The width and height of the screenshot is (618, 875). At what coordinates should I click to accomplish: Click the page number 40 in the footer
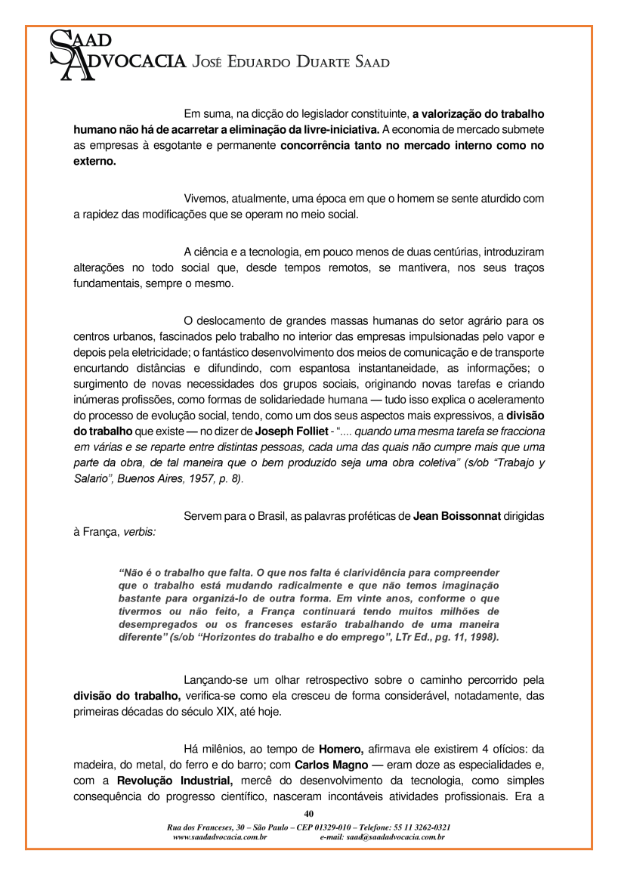[x=308, y=814]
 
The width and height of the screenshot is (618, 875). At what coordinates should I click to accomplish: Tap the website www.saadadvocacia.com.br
[x=220, y=837]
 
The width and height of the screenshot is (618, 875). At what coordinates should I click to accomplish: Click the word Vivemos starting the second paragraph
[x=207, y=199]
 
